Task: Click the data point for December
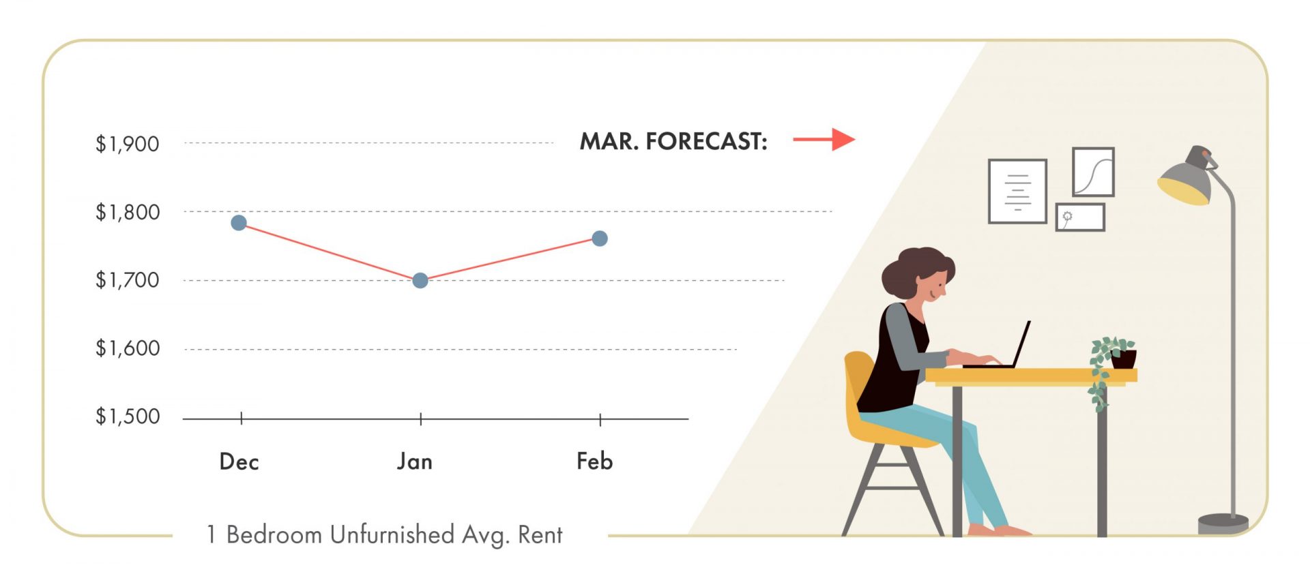239,223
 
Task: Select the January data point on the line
420,280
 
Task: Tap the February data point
600,239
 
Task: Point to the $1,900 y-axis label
128,144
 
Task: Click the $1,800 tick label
128,212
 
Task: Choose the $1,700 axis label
128,279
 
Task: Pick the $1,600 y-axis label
128,348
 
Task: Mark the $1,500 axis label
128,416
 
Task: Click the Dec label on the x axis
239,461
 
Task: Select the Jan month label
415,461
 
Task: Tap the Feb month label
595,461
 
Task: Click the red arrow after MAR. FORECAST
824,139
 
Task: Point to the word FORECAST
707,141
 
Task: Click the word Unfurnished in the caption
392,534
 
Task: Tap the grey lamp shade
1187,177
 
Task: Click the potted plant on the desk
1111,365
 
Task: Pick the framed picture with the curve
1093,172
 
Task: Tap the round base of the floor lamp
1223,524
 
